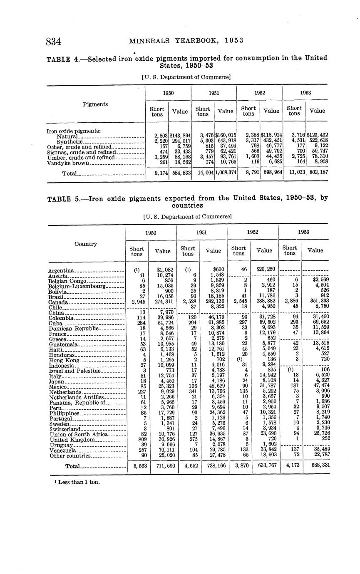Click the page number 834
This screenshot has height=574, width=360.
pyautogui.click(x=54, y=42)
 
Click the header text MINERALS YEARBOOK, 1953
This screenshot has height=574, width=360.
pyautogui.click(x=186, y=41)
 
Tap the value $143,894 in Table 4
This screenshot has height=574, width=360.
pyautogui.click(x=180, y=136)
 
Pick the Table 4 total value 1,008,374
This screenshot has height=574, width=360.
pyautogui.click(x=225, y=172)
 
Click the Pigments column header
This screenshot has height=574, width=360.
pyautogui.click(x=95, y=104)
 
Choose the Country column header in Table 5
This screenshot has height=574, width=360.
pyautogui.click(x=86, y=244)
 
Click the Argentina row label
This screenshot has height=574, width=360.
pyautogui.click(x=61, y=271)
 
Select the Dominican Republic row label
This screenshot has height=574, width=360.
pyautogui.click(x=74, y=329)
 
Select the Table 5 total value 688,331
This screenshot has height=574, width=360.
pyautogui.click(x=318, y=466)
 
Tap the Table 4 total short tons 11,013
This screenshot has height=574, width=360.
pyautogui.click(x=294, y=172)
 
